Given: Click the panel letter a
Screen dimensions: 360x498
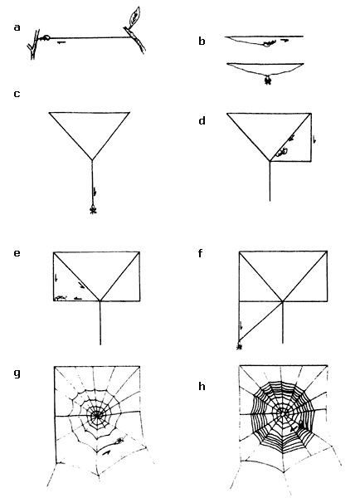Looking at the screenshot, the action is click(x=17, y=27).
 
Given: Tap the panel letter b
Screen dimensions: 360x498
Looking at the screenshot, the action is click(x=202, y=41).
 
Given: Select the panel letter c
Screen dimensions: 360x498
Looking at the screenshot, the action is click(x=17, y=94).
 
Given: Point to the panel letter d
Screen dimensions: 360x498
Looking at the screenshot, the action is click(x=202, y=120).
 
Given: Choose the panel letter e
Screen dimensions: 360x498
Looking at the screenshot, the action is click(x=17, y=253).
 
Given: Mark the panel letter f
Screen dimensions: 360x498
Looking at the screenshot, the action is click(x=200, y=253).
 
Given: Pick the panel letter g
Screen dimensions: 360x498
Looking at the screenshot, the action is click(x=17, y=373).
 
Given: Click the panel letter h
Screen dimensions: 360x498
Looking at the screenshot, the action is click(x=202, y=386).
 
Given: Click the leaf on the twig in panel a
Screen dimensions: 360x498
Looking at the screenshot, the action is click(x=134, y=16).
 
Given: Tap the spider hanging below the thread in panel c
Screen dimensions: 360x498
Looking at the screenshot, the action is click(x=93, y=210).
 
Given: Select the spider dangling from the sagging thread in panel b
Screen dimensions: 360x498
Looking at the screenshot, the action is click(x=268, y=80).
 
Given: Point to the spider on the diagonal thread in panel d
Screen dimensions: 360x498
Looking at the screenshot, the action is click(x=281, y=152).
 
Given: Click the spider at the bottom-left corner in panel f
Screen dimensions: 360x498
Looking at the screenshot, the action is click(x=240, y=347).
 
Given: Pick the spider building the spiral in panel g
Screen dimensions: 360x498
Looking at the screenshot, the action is click(x=119, y=441).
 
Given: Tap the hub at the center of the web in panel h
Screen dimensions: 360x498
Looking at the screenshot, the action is click(x=282, y=413).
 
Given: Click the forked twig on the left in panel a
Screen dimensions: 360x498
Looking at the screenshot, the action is click(x=33, y=45).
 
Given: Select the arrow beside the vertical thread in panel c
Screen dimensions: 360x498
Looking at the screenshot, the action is click(x=95, y=192).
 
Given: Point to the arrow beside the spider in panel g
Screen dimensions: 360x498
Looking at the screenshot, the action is click(x=107, y=452).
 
